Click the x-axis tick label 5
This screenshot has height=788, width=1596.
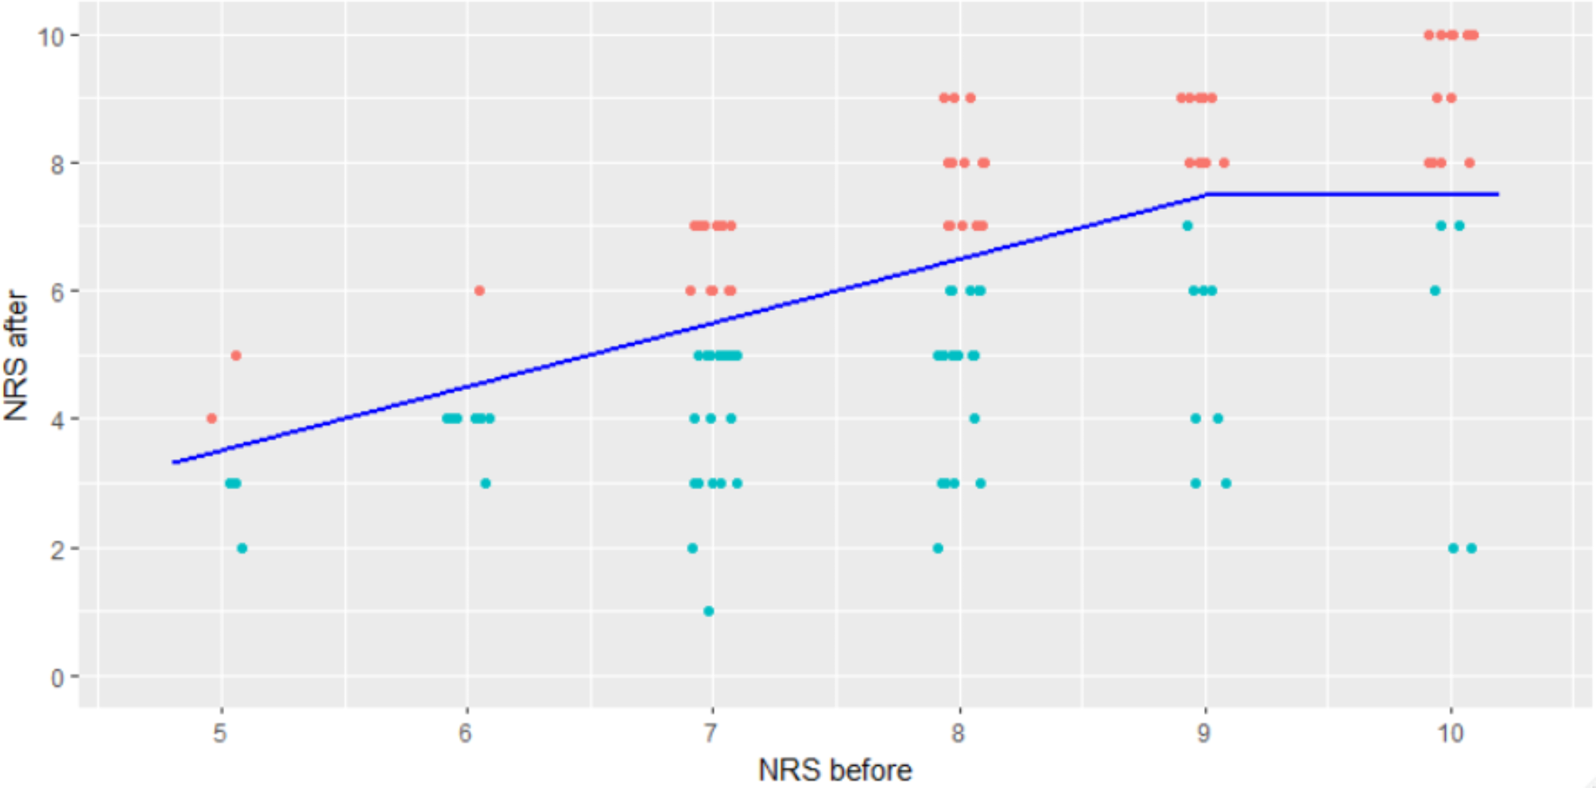[x=220, y=732]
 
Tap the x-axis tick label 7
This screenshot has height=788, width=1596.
[x=711, y=732]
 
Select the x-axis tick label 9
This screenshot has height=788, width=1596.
[x=1204, y=732]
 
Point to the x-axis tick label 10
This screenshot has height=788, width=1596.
[x=1450, y=732]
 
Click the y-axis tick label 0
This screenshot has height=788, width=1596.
[x=57, y=678]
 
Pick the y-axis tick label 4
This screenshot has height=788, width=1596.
[x=57, y=419]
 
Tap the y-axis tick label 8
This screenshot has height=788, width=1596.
[x=57, y=163]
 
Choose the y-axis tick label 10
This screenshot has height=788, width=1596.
[x=51, y=35]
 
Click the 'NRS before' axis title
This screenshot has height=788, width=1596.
[x=835, y=770]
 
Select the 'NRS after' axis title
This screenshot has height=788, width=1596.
[x=17, y=355]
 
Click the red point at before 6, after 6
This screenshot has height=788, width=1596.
[x=479, y=291]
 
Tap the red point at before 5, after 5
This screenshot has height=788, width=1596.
[x=236, y=355]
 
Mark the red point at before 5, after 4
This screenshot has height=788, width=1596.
[x=211, y=419]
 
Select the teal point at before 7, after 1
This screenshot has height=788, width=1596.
[x=709, y=611]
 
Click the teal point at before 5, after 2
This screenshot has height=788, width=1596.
[x=242, y=548]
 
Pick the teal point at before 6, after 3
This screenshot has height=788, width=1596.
[x=486, y=483]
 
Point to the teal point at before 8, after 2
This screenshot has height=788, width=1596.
[x=938, y=548]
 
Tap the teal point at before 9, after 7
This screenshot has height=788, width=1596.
[x=1187, y=226]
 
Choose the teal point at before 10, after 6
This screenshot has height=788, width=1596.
[x=1435, y=291]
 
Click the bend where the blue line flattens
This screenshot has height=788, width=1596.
[x=1207, y=194]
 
